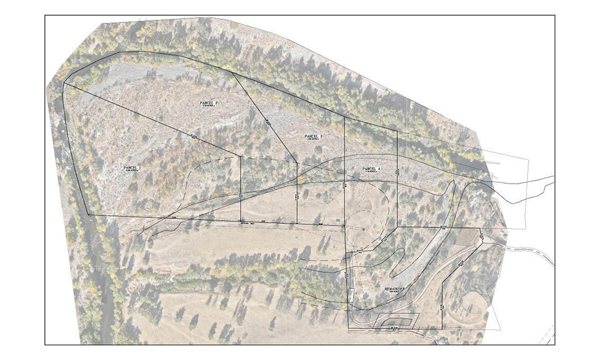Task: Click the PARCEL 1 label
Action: click(131, 167)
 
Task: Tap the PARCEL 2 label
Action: click(208, 103)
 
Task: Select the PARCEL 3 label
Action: click(313, 137)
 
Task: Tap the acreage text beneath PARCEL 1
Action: click(131, 172)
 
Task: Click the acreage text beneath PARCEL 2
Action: click(208, 107)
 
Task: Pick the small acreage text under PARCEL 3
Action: click(313, 141)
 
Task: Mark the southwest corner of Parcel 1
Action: click(89, 214)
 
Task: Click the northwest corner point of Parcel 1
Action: click(64, 83)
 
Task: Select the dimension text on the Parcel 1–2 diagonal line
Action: click(193, 137)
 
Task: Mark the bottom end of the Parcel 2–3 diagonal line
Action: click(298, 161)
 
